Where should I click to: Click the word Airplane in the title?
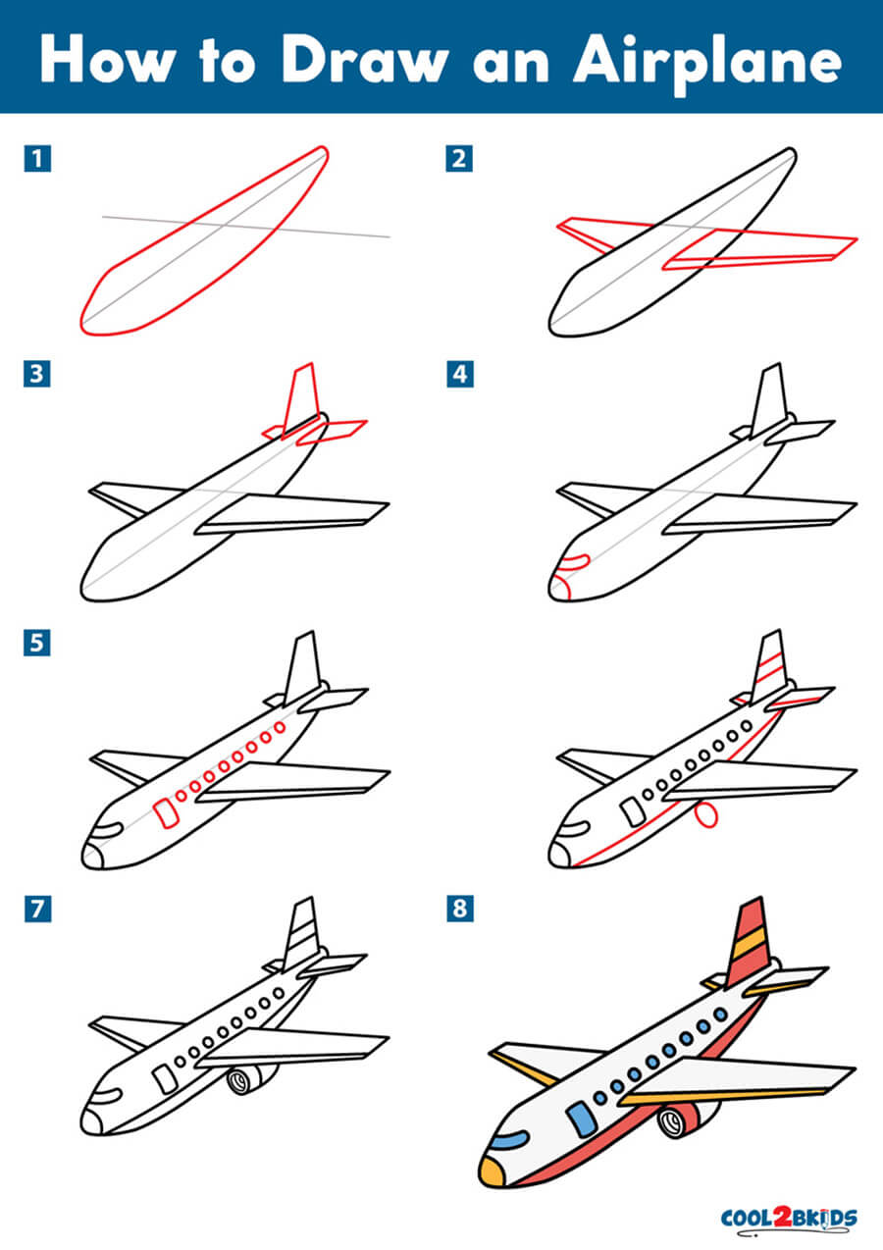pos(707,63)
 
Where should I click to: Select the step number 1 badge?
pos(37,159)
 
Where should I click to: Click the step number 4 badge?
pos(460,374)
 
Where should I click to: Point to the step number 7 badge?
pos(37,909)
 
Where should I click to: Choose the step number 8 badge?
pos(460,909)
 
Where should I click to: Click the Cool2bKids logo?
pos(789,1217)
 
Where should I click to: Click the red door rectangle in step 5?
pos(165,812)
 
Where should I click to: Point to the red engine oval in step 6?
pos(706,815)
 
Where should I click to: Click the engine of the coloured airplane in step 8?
pos(684,1120)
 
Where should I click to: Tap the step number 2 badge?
pos(460,159)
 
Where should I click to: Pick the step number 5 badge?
pos(37,643)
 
